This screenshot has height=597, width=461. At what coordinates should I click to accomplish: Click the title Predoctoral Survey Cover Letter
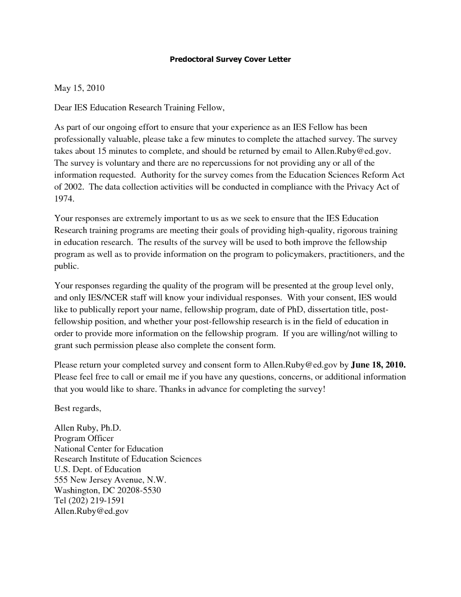[230, 59]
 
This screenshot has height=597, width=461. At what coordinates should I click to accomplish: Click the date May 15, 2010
[79, 88]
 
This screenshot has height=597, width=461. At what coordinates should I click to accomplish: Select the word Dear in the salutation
[63, 108]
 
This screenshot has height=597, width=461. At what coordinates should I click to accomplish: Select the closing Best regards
[78, 408]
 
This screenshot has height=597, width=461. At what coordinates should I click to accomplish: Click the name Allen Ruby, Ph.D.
[88, 428]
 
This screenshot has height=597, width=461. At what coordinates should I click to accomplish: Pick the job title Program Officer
[84, 438]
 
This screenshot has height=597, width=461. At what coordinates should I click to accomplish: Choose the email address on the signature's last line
[91, 511]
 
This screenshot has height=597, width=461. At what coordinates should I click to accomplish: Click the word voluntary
[123, 163]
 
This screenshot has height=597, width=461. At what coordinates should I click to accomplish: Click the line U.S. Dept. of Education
[98, 469]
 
